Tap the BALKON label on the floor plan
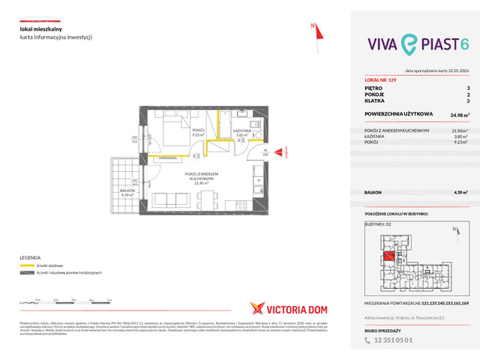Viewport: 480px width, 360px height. coord(124,191)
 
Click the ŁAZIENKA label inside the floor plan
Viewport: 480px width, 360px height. coord(241,130)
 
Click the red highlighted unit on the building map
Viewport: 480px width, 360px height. coord(389,257)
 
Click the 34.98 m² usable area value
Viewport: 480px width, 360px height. coord(451,115)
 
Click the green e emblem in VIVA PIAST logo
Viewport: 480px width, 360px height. coord(409,46)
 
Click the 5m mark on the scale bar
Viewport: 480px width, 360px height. coord(110,299)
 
